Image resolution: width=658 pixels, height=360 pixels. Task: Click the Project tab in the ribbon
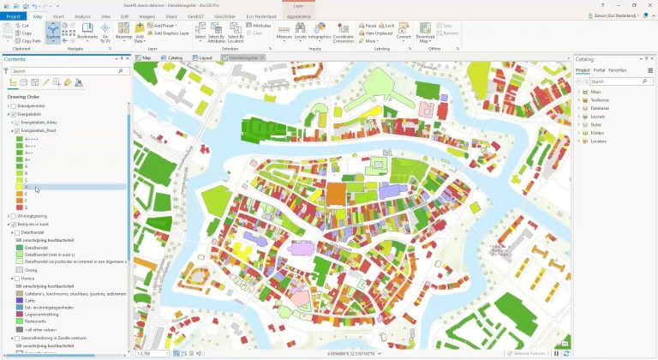tap(13, 16)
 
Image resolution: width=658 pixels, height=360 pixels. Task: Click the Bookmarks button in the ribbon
tap(87, 33)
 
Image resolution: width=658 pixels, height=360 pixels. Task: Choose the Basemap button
tap(124, 33)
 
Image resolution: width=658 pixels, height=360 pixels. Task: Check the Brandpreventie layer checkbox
tap(13, 105)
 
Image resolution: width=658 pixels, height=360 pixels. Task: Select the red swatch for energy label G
tap(20, 207)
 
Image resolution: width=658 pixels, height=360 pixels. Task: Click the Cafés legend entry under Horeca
tap(31, 301)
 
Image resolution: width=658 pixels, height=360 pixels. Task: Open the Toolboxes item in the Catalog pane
tap(600, 99)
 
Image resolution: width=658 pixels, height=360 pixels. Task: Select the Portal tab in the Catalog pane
tap(599, 70)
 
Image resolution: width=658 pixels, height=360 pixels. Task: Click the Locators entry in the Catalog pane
tap(597, 141)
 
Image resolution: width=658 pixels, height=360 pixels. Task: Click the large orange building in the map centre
tap(335, 193)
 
